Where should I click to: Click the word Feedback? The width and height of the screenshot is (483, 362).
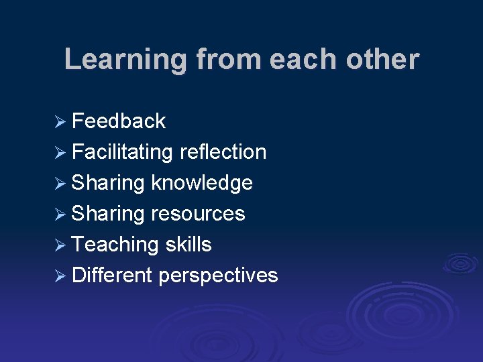click(119, 121)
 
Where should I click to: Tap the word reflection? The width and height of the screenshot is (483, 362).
click(223, 152)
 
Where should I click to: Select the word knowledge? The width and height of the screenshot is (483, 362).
click(202, 183)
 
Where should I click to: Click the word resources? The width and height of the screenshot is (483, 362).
click(199, 214)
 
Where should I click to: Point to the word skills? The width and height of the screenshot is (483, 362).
click(188, 245)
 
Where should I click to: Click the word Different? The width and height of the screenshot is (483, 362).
click(112, 276)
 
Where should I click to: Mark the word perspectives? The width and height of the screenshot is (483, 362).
click(219, 276)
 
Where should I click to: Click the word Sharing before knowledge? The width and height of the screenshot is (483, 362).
click(108, 183)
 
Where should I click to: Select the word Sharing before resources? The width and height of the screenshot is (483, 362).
click(108, 214)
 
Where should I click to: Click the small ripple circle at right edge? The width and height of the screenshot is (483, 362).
click(460, 263)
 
